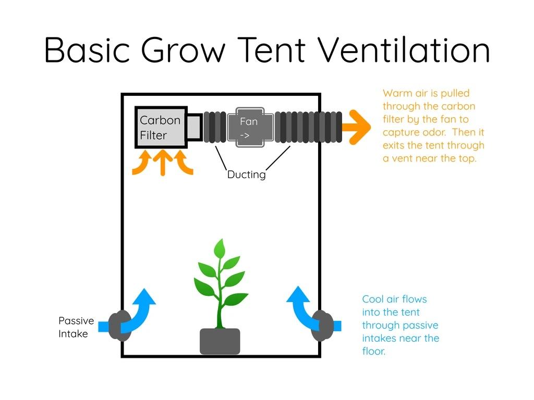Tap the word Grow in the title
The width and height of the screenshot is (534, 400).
(183, 50)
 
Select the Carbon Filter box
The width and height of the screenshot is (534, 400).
(161, 127)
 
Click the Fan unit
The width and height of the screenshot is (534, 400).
(250, 127)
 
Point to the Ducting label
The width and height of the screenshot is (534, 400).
(246, 174)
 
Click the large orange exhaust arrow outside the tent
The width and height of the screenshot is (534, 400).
(356, 127)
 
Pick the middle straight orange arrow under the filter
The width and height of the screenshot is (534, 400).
(163, 163)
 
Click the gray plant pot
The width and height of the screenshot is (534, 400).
(220, 341)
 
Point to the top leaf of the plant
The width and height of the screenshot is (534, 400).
(220, 248)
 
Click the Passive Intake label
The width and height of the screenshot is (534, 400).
(76, 327)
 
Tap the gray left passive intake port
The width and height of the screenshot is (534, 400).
(119, 326)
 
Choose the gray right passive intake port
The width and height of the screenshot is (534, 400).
(322, 326)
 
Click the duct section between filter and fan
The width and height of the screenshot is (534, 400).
(215, 127)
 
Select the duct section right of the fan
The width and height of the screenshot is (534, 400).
(308, 127)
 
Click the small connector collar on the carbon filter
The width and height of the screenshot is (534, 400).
(195, 127)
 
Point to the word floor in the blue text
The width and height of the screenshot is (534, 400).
(373, 351)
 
